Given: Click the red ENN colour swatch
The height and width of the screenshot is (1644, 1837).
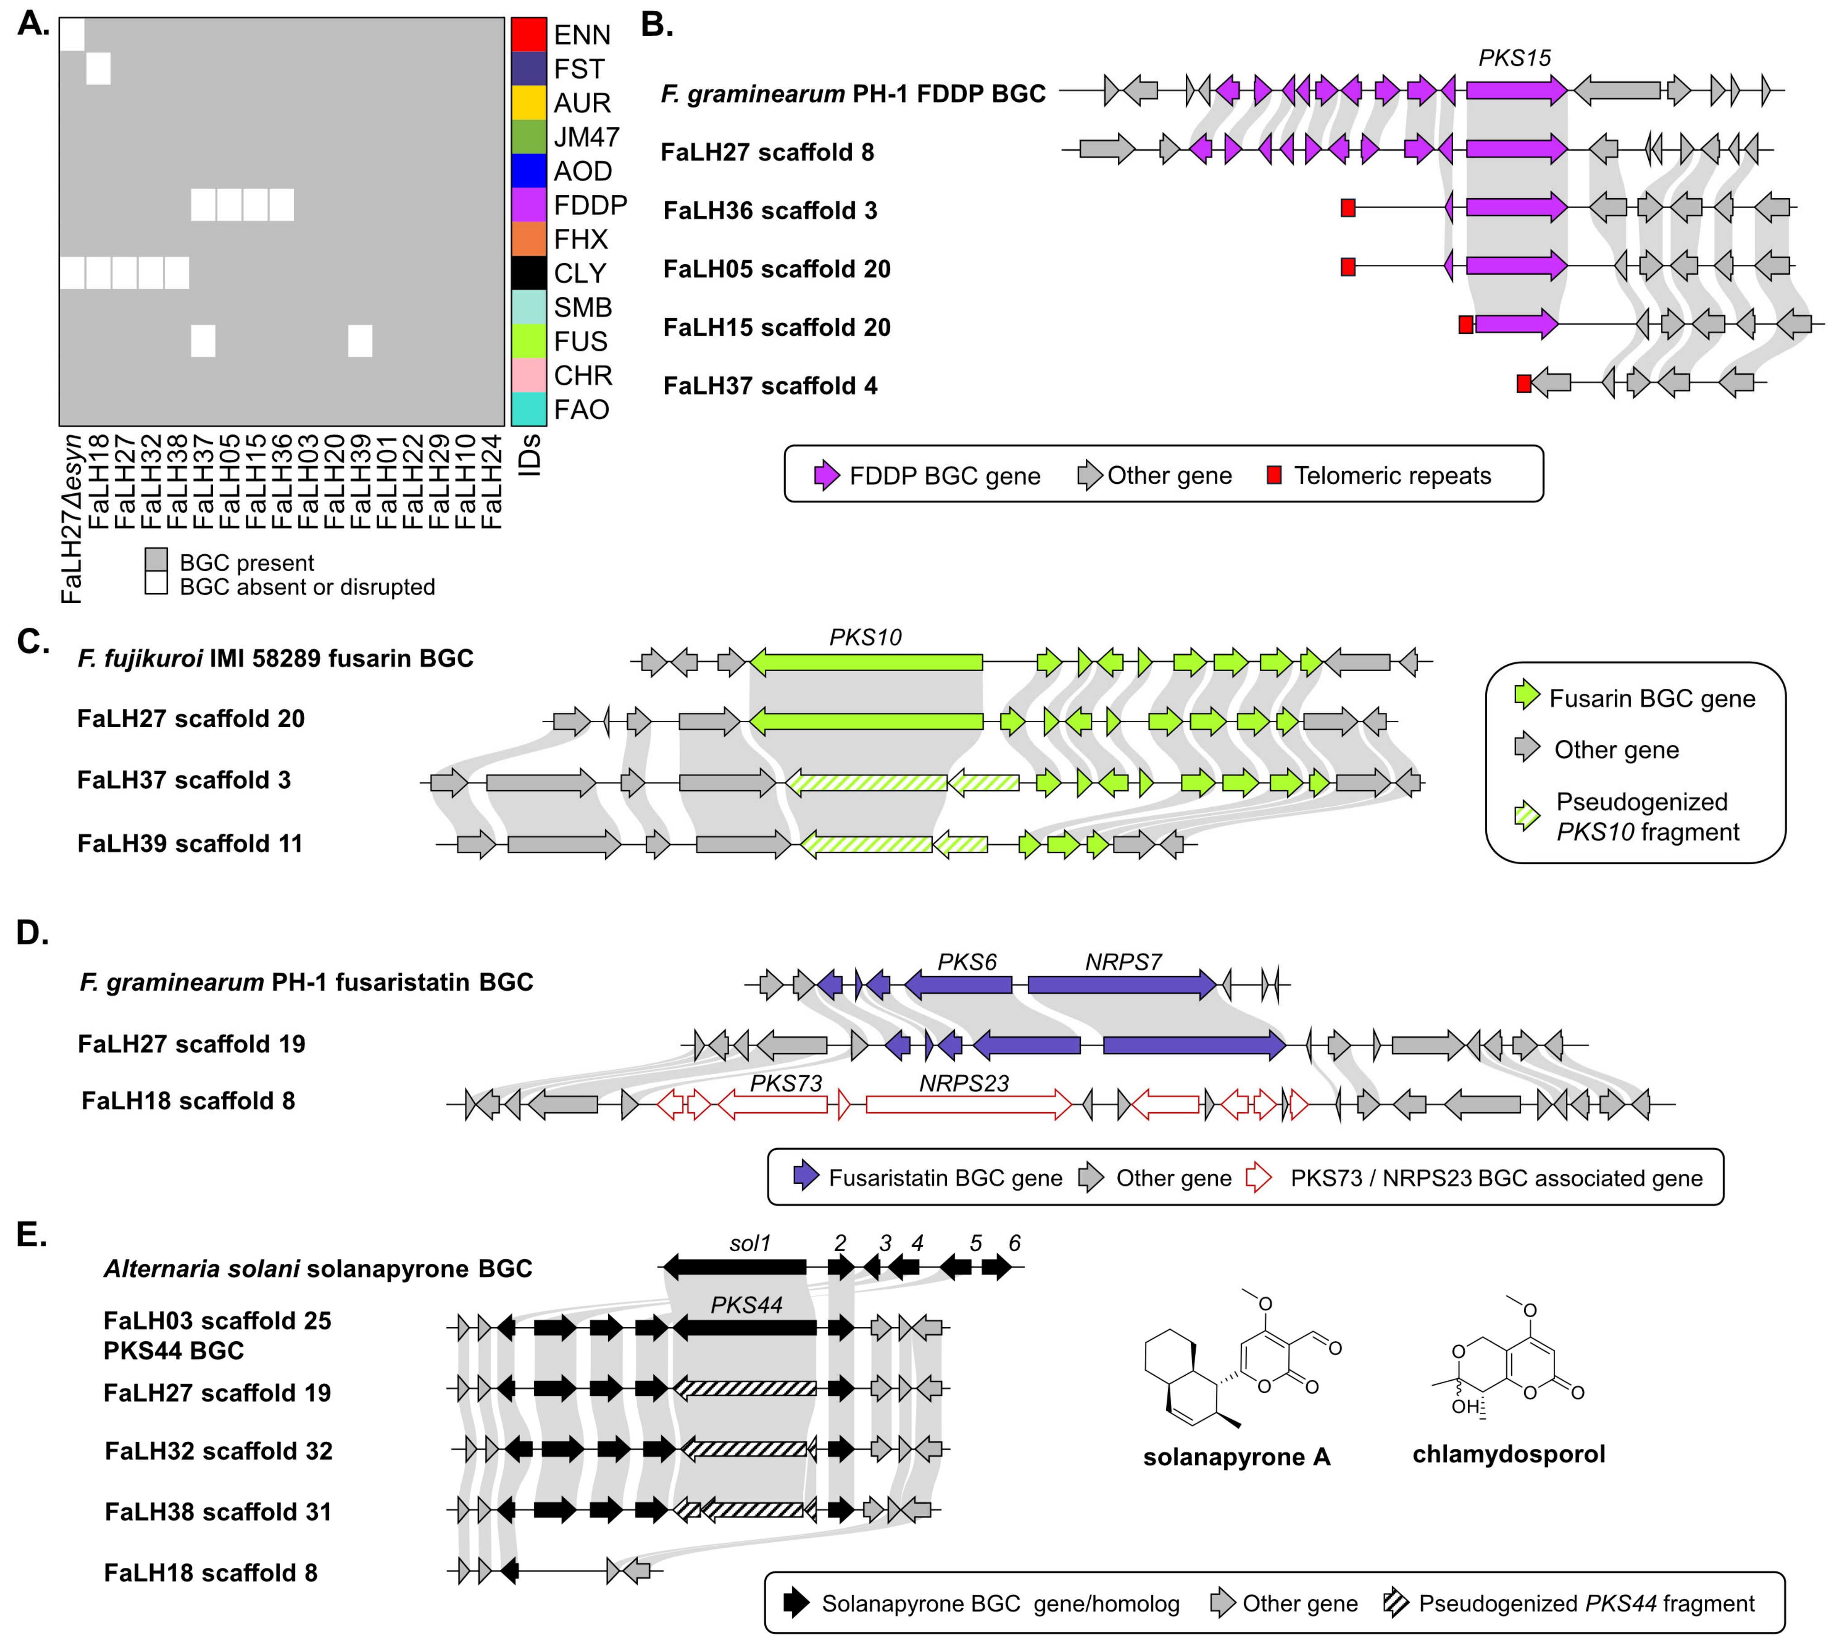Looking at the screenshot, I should pos(529,34).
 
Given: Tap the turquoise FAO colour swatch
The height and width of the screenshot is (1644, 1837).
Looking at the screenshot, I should pos(529,409).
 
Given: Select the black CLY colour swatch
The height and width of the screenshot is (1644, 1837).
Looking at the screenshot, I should pos(529,273).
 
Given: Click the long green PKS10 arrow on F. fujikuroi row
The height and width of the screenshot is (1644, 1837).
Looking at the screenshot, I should pos(866,662).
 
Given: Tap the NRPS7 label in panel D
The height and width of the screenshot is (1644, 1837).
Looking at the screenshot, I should pos(1123,963).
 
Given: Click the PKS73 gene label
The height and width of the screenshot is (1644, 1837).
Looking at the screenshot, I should pos(786,1083).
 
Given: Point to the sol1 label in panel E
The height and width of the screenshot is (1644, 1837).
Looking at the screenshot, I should pos(750,1244).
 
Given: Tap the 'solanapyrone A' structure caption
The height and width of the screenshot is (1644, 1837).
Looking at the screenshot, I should pos(1236,1457).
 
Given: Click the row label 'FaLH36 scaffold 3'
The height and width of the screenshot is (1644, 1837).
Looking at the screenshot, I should pos(770,210).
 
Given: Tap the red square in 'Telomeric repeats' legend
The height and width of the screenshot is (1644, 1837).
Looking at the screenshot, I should pos(1274,475).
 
